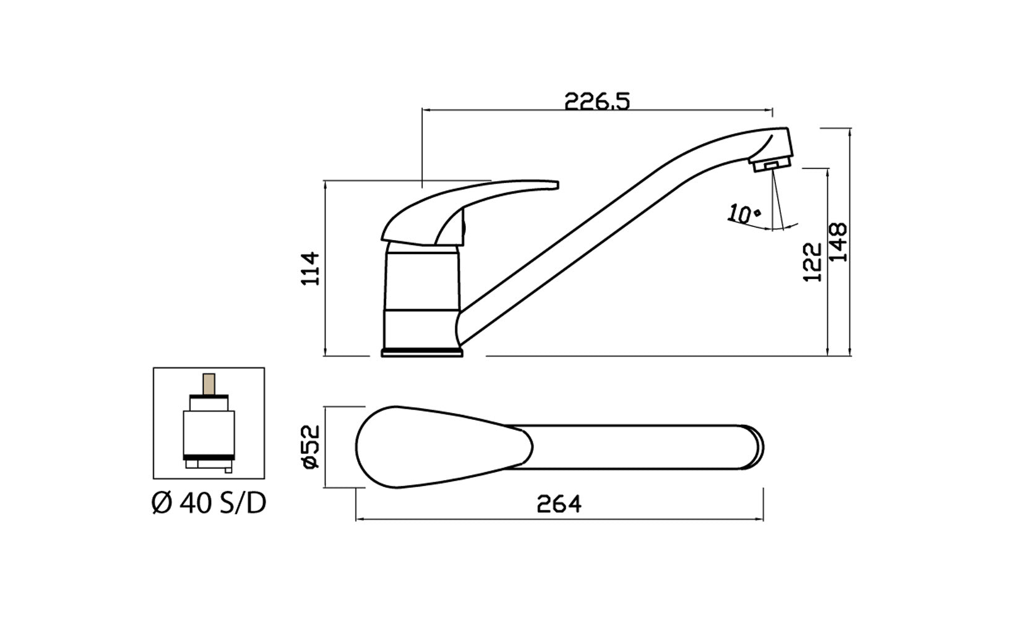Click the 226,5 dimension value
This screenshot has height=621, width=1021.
coord(597,101)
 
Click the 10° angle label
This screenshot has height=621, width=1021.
coord(745,213)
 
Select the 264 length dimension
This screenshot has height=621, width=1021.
coord(559,505)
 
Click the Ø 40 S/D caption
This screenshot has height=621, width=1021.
coord(209,504)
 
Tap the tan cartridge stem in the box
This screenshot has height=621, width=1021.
coord(209,385)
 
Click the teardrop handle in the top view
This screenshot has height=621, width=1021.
coord(433,447)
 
